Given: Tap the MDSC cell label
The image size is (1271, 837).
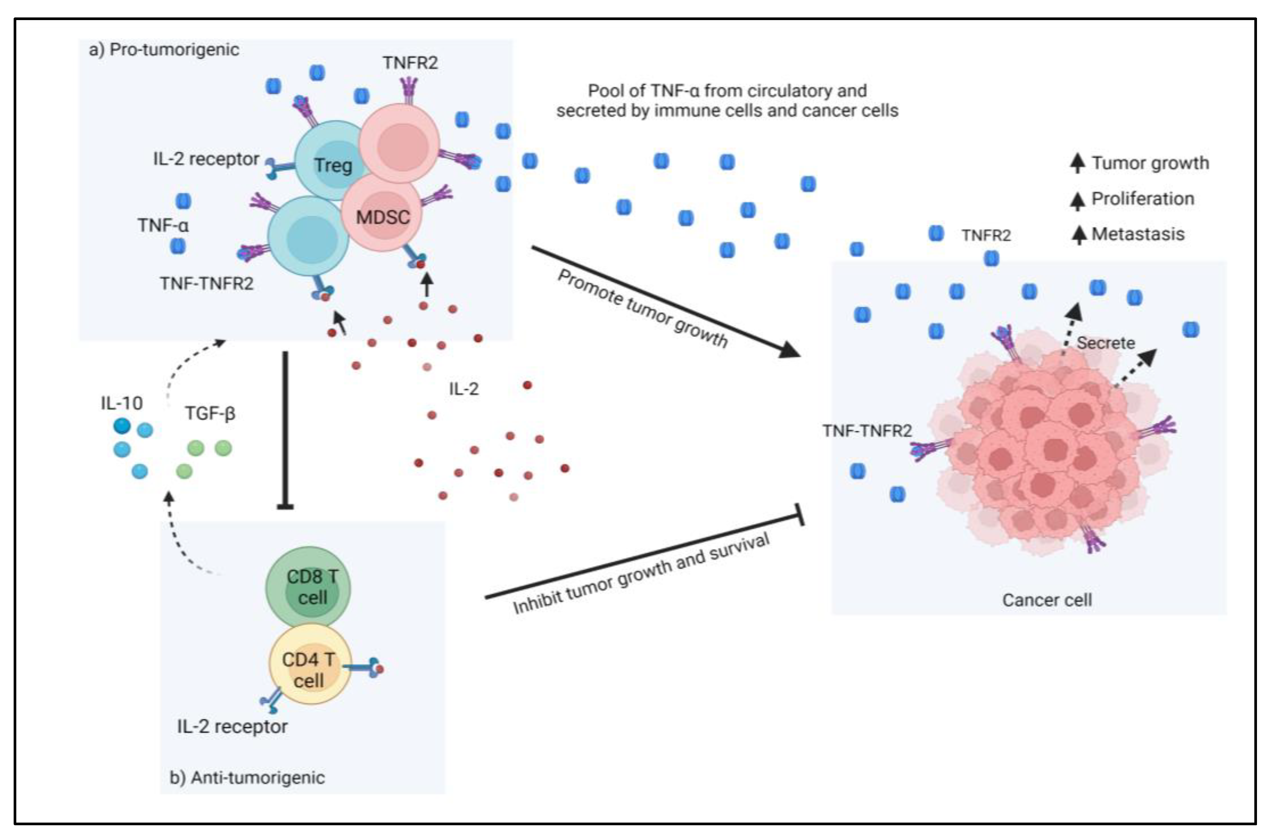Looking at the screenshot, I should click(x=382, y=217).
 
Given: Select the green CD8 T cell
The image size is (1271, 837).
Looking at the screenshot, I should click(x=309, y=586).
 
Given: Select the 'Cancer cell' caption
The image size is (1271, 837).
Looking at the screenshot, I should click(x=1046, y=600).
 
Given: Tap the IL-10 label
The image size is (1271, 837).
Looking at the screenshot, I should click(x=121, y=403).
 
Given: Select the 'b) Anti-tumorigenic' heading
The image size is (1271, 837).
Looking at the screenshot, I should click(x=247, y=777).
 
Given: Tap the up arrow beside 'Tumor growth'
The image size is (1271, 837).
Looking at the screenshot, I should click(x=1077, y=163).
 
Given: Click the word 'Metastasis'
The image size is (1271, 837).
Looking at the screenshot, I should click(x=1138, y=234).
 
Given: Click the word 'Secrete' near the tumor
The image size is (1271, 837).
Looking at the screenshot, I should click(x=1105, y=343).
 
